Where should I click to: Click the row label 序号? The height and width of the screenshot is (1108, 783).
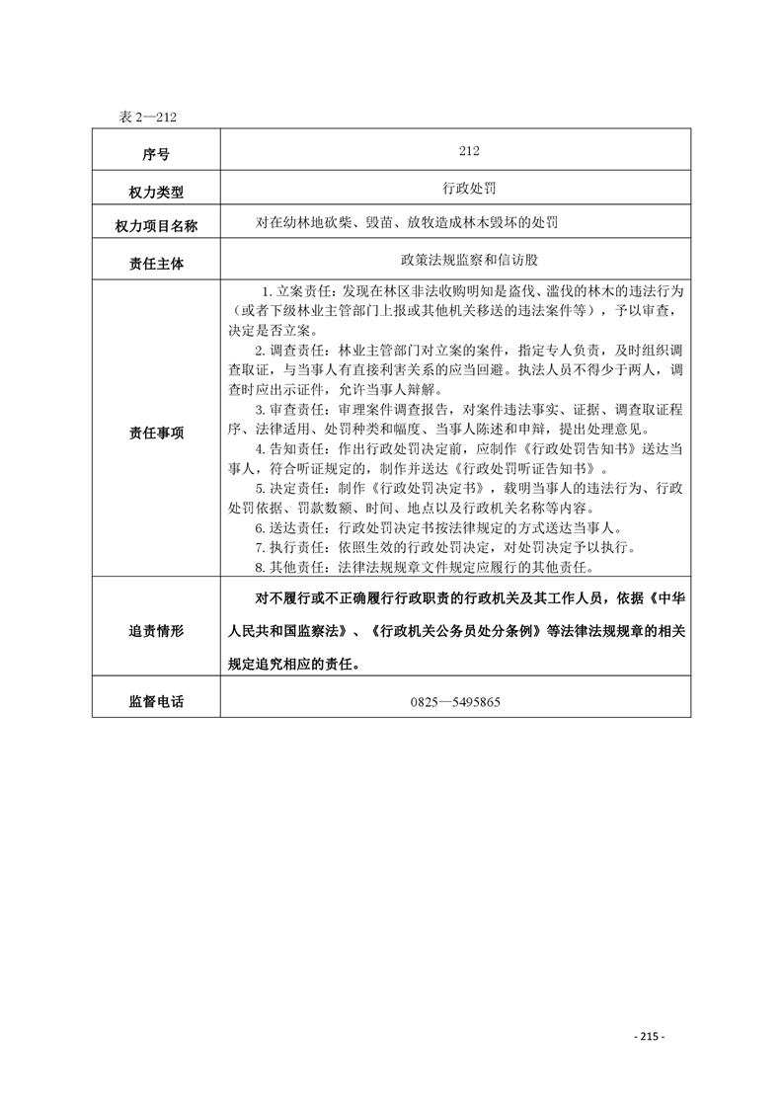(156, 154)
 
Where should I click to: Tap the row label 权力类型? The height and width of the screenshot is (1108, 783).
(156, 191)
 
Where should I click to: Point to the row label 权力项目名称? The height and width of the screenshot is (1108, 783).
(156, 226)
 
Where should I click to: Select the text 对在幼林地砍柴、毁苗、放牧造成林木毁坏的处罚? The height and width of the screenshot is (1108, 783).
(406, 223)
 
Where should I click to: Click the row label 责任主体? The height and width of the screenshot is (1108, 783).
(156, 264)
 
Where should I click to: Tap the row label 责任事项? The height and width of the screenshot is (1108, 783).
(156, 433)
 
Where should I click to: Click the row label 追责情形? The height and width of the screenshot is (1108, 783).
(156, 631)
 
